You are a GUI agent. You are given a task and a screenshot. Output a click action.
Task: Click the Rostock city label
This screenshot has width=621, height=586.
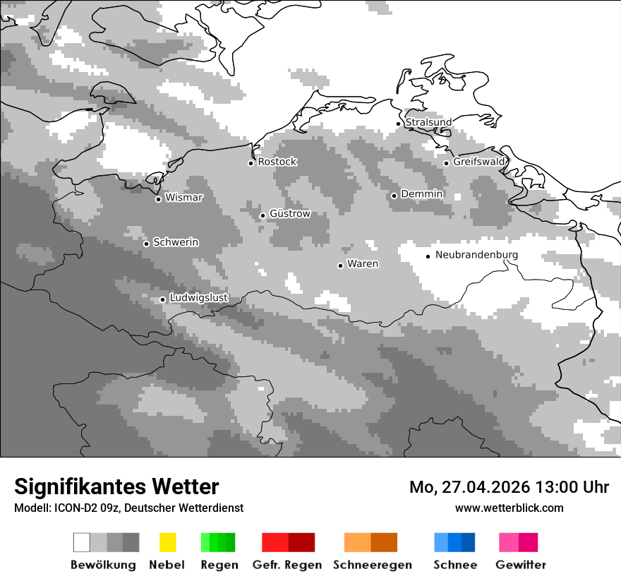pos(277,162)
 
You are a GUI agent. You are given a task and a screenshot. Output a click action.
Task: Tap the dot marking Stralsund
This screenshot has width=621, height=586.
pos(399,124)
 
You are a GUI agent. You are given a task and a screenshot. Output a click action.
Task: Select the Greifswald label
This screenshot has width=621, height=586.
pos(479,162)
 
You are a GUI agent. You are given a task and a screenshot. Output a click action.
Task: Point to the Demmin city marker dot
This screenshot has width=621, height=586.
pos(394,196)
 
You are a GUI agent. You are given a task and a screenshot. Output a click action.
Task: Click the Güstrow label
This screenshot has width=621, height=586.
pos(290,214)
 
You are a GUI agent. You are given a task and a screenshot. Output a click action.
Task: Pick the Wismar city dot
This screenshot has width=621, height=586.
pos(159,199)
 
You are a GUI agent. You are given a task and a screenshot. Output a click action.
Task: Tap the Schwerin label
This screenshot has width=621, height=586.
pos(176,243)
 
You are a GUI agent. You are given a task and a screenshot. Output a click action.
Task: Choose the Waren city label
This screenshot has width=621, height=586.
pos(363,265)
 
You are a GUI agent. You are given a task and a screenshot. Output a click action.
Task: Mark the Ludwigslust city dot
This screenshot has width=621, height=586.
pos(163,299)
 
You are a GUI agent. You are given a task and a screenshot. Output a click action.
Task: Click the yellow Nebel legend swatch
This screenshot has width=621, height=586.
pos(167,542)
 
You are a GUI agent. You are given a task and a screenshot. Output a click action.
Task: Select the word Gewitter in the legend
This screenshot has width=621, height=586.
pos(521,565)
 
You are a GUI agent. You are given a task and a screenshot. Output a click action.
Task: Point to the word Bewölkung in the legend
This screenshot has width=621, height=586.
pos(103,565)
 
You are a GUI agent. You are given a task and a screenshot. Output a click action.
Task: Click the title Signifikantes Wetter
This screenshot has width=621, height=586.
pos(116,487)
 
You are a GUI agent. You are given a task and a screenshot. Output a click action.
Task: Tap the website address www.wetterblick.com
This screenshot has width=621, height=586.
pos(510,508)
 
